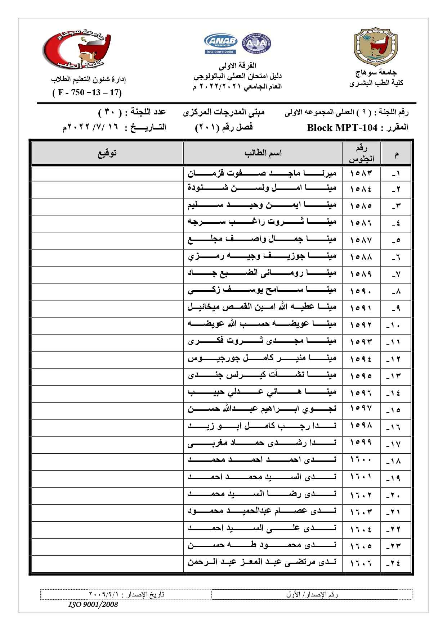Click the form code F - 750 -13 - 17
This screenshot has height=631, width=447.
point(87,93)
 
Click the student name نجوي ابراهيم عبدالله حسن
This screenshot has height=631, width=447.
point(262,409)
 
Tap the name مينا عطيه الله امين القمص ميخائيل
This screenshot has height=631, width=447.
point(262,307)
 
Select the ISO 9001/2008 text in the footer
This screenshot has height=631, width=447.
point(93,605)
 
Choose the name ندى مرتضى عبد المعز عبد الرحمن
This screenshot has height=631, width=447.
point(262,562)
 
